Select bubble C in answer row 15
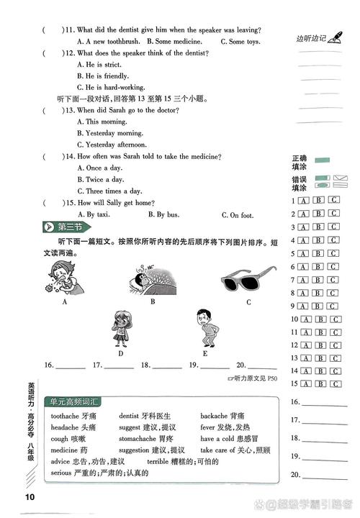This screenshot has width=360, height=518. [x=333, y=384]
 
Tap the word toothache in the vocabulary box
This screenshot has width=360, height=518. [x=65, y=415]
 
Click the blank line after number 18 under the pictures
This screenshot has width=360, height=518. [x=167, y=366]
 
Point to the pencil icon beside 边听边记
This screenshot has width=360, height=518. [x=334, y=37]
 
